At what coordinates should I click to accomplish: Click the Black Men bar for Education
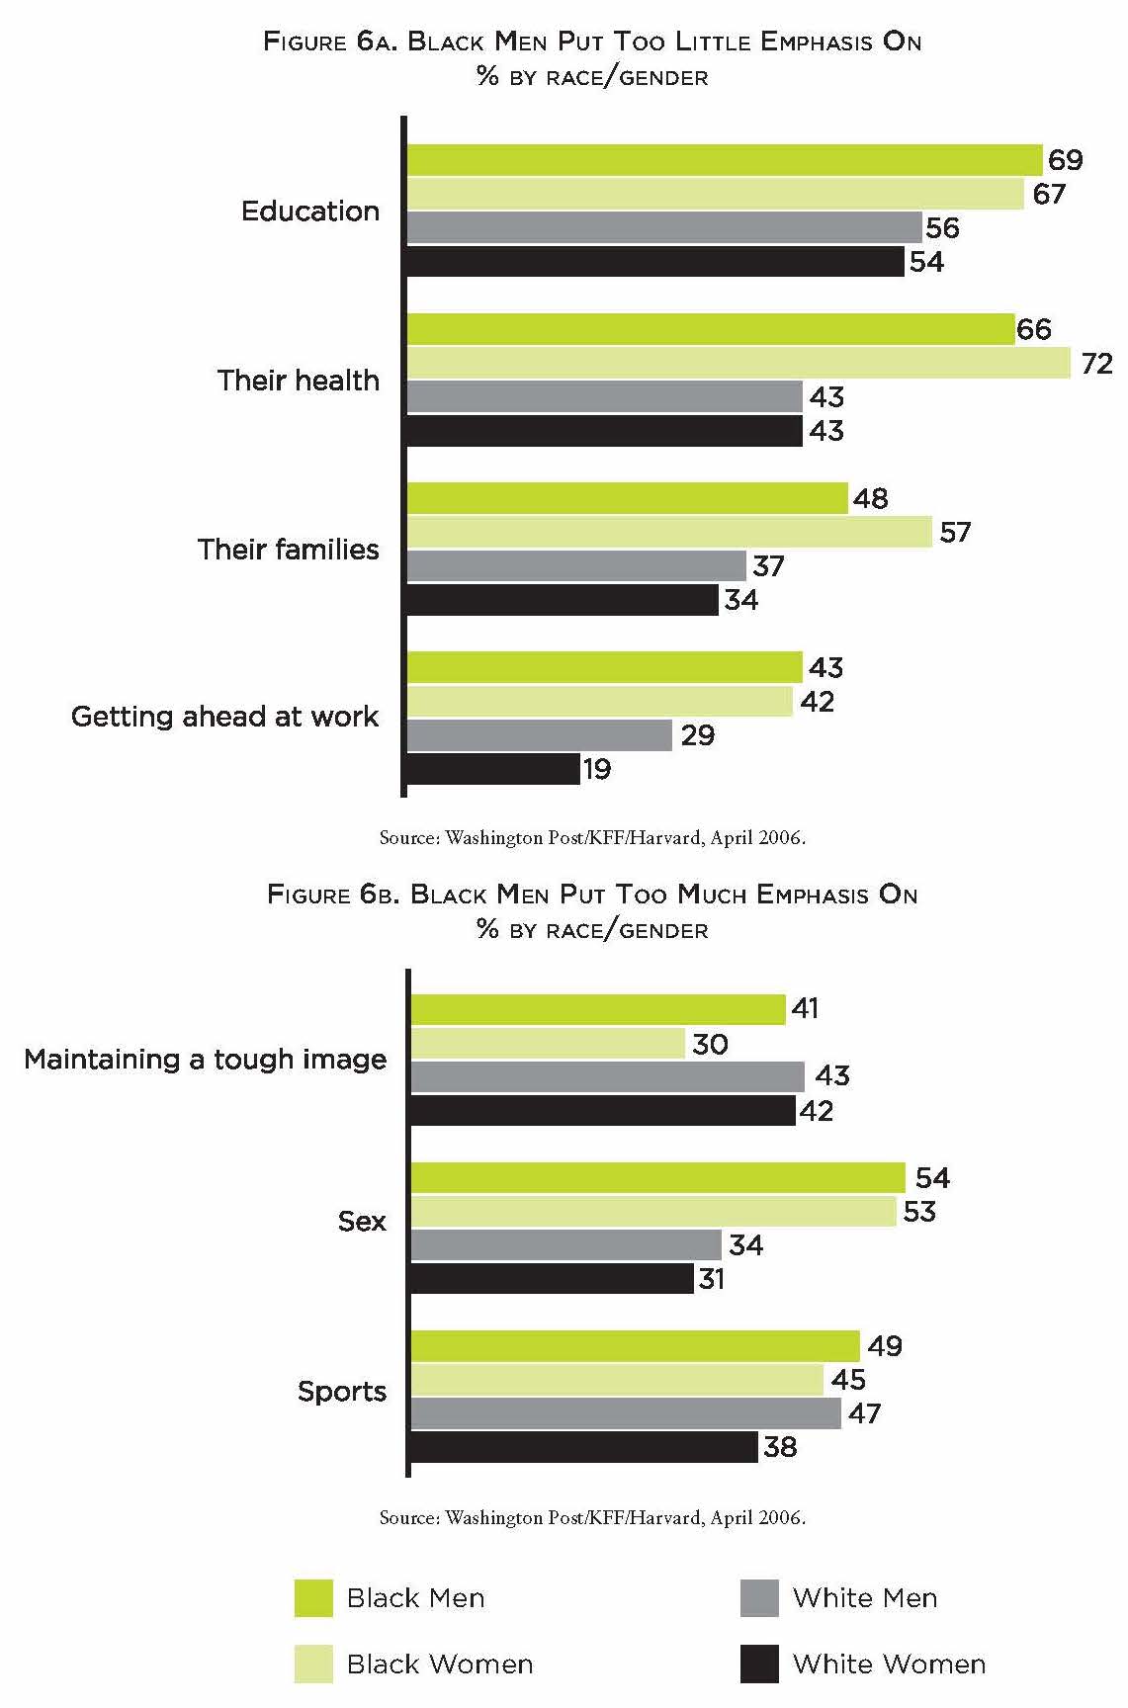tap(725, 160)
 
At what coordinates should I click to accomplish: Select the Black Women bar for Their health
tap(738, 363)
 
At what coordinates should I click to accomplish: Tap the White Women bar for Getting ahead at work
tap(493, 769)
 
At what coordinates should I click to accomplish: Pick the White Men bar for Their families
tap(576, 566)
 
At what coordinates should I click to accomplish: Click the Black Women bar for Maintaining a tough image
tap(548, 1044)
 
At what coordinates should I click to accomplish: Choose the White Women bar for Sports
tap(584, 1447)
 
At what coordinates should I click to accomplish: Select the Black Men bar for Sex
tap(657, 1178)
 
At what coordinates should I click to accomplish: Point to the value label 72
tap(1096, 364)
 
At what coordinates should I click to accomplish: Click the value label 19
tap(597, 769)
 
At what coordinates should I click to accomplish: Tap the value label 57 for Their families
tap(955, 533)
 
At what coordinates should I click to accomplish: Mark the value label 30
tap(710, 1044)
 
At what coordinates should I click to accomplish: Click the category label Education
tap(310, 212)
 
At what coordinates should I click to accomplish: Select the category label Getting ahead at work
tap(225, 717)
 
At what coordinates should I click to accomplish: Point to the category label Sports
tap(342, 1392)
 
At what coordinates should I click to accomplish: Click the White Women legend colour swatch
tap(759, 1665)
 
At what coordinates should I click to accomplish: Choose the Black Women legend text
tap(440, 1665)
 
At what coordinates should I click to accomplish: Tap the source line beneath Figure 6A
tap(592, 838)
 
